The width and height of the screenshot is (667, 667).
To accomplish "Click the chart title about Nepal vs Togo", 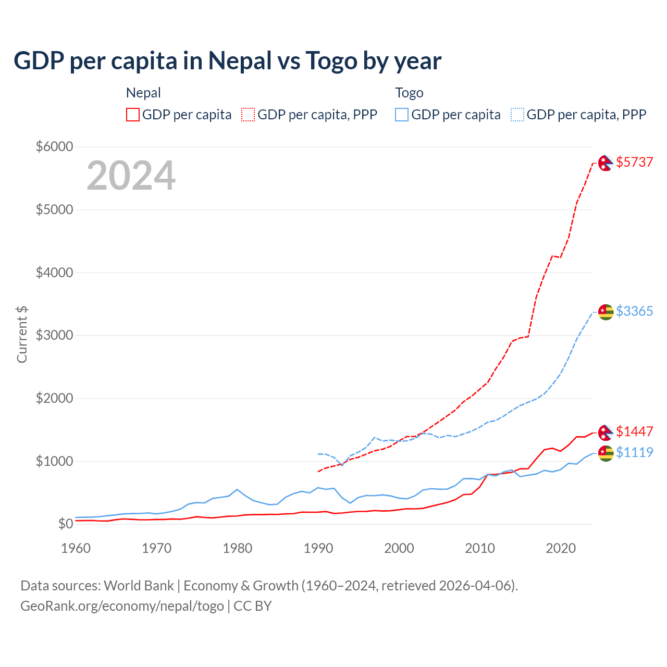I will (227, 61).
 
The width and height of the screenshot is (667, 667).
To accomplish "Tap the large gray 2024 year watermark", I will (131, 176).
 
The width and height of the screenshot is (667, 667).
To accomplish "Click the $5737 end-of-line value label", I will (634, 162).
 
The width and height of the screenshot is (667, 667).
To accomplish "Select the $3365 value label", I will (634, 311).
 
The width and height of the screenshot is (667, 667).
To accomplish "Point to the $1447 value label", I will (634, 431).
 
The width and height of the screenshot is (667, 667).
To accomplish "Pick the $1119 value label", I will (634, 452).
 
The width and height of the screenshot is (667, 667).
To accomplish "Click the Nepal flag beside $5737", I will (606, 163).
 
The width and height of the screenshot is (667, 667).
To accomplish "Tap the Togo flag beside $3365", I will (606, 312).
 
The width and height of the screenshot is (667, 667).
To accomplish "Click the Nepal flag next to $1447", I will (606, 433).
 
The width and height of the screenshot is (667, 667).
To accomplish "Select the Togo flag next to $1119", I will (606, 453).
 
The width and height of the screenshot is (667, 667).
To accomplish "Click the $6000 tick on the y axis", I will (54, 146).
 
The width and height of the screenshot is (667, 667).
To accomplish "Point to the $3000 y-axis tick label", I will (54, 335).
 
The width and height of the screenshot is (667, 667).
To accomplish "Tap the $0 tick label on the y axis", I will (65, 524).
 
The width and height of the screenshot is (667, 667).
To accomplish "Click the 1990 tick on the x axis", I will (318, 548).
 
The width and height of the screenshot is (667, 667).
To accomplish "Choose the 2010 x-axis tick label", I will (480, 548).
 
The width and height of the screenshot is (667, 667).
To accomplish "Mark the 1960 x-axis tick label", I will (76, 548).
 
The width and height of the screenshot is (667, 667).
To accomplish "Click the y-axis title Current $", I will (22, 335).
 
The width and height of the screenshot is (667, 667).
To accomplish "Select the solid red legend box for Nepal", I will (133, 115).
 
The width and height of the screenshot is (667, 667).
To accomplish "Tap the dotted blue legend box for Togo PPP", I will (517, 115).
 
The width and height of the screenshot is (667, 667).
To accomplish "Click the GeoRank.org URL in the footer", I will (122, 606).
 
